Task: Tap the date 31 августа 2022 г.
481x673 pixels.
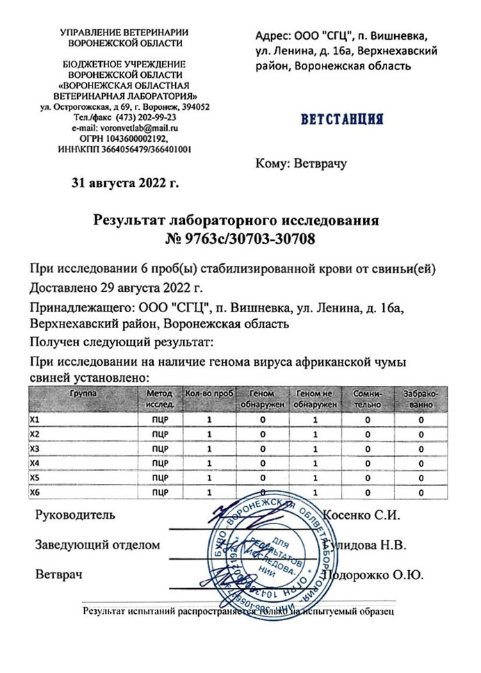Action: coord(125,184)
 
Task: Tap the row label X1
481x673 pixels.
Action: coord(35,421)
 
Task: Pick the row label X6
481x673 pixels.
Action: coord(35,492)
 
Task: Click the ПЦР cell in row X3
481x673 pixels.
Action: coord(161,449)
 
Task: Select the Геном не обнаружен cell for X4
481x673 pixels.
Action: coord(315,464)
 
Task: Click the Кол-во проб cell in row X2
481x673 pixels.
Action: coord(209,435)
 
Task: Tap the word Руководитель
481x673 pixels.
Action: coord(75,516)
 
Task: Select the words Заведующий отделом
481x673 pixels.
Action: coord(98,545)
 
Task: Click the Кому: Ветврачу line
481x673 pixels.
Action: coord(301,164)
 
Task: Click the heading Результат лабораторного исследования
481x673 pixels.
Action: coord(236,221)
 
